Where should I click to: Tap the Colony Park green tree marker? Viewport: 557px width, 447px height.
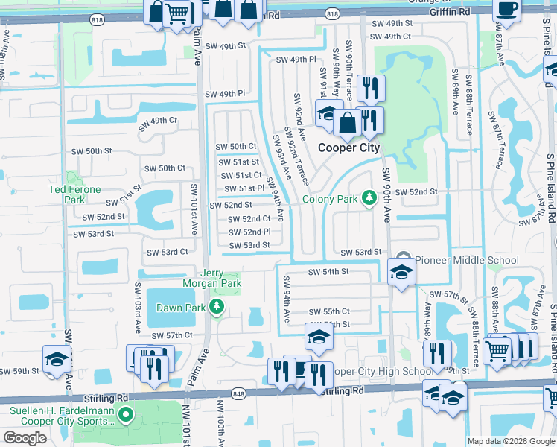click(368, 198)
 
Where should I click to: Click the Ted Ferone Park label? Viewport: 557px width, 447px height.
click(66, 194)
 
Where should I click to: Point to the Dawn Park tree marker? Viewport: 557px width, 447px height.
click(216, 307)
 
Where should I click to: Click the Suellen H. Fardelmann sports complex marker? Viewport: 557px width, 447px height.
click(126, 414)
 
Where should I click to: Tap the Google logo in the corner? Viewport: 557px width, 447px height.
click(25, 437)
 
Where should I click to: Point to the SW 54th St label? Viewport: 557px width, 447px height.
click(328, 272)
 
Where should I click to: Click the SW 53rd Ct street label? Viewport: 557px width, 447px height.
click(167, 253)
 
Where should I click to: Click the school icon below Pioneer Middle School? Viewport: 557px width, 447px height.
click(401, 272)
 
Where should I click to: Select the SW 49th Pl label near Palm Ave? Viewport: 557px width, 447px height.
click(225, 94)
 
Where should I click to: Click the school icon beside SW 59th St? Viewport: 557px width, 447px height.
click(56, 360)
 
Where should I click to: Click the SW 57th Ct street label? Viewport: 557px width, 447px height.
click(172, 336)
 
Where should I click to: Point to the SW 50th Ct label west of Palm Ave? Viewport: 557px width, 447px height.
click(161, 168)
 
